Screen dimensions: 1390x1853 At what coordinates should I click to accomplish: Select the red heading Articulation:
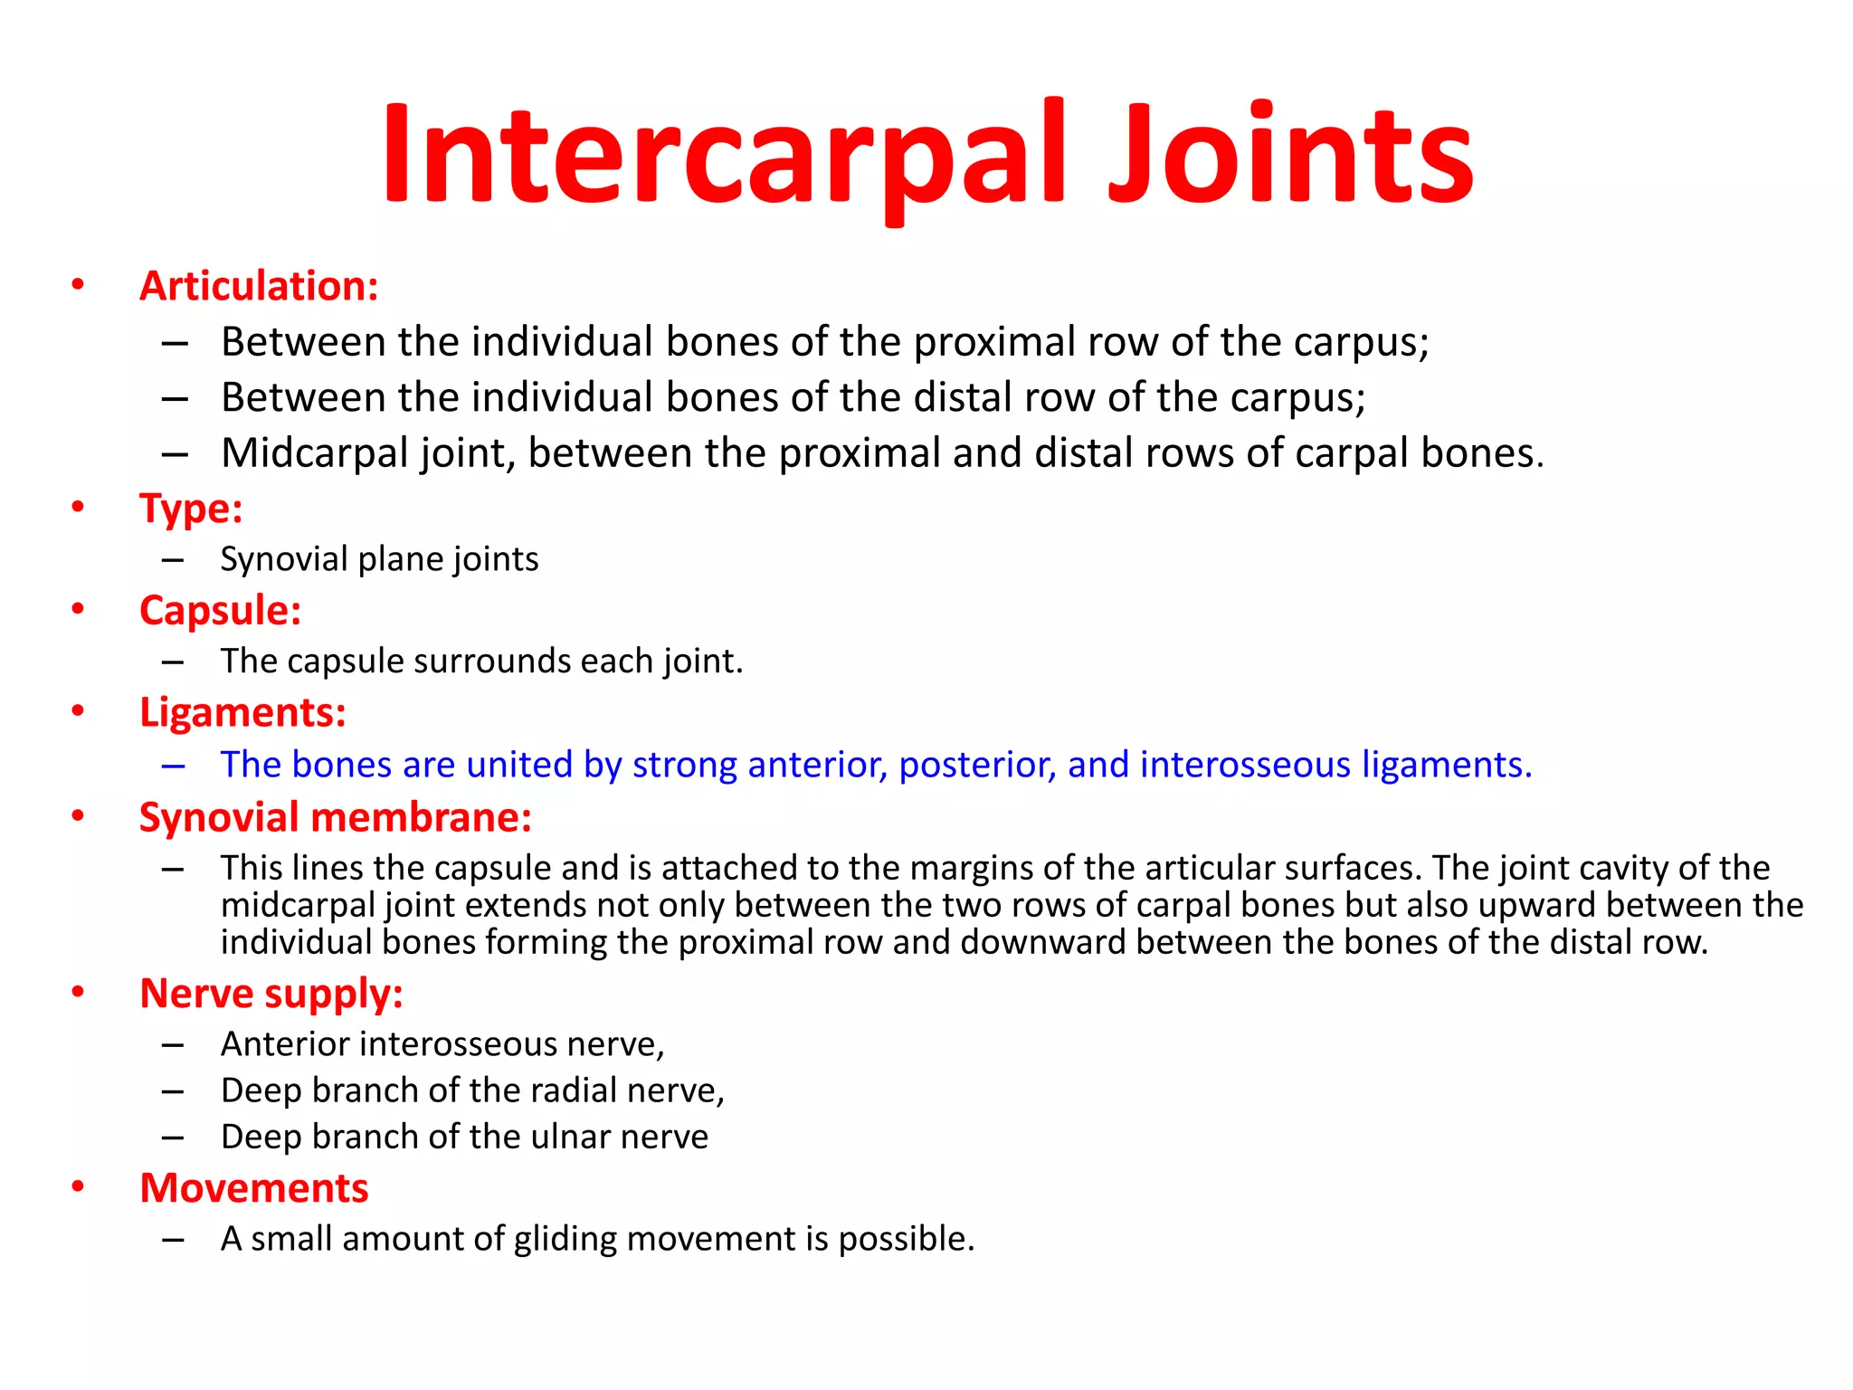259,286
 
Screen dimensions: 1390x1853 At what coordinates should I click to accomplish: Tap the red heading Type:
191,508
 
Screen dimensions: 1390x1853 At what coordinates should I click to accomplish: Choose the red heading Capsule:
220,610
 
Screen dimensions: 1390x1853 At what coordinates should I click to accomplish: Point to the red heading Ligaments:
242,712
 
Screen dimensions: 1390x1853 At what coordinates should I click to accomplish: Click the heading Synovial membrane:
335,817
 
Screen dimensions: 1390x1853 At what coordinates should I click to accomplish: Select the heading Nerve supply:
271,994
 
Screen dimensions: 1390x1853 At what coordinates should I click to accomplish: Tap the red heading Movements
254,1188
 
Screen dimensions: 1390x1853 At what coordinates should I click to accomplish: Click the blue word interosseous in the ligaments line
1245,765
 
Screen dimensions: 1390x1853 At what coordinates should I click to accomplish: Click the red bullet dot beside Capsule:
79,609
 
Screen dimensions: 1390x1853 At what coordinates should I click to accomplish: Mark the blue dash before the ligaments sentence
173,766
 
